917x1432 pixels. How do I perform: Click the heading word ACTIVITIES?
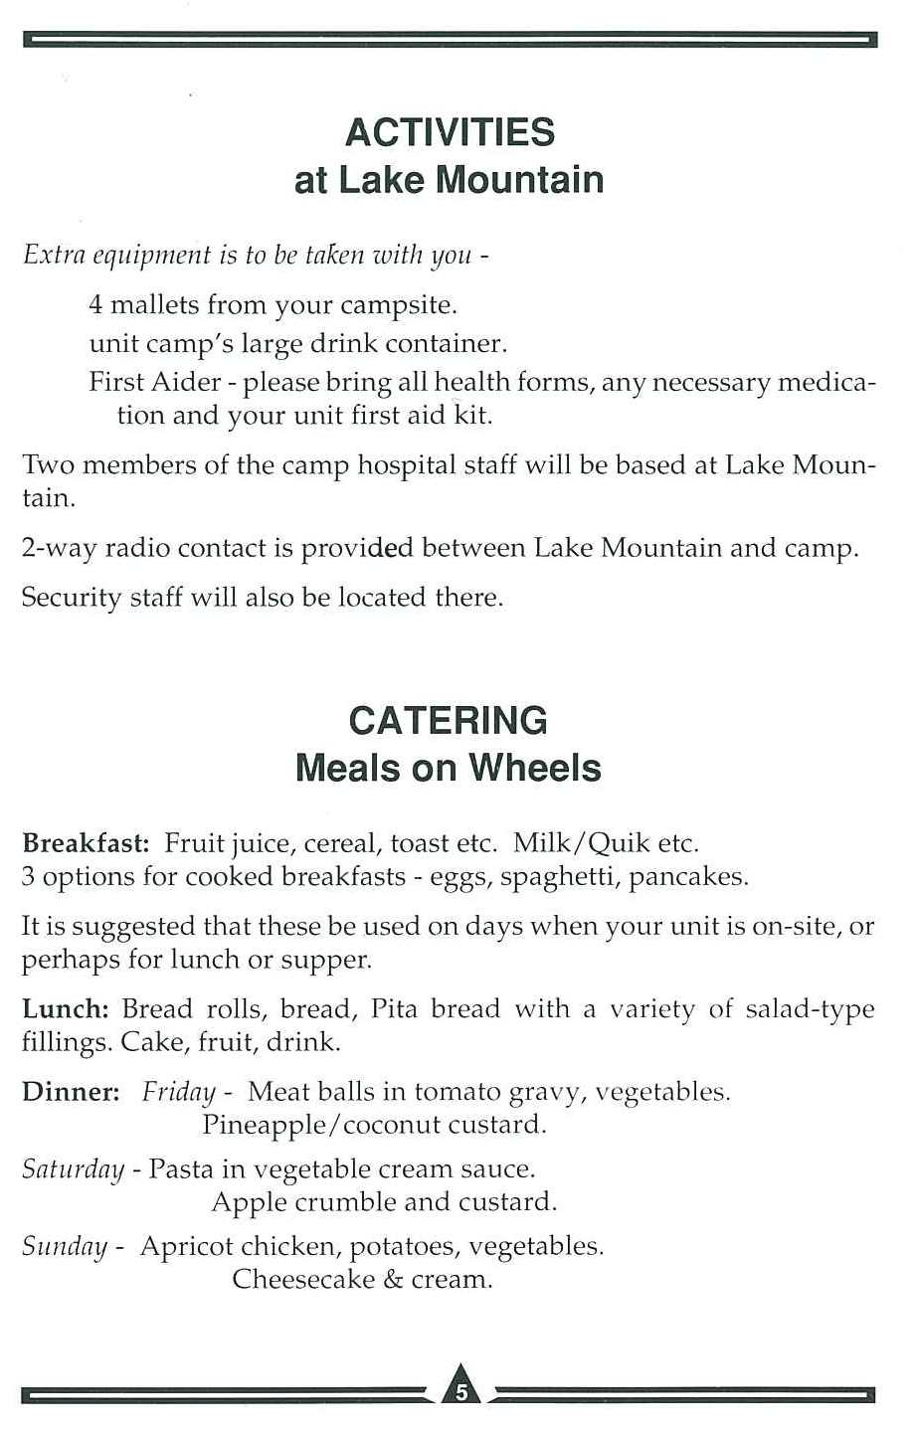click(x=449, y=132)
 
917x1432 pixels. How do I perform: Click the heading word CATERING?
click(x=449, y=720)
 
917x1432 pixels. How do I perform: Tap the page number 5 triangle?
click(x=459, y=1388)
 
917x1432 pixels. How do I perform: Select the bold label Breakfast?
click(x=86, y=844)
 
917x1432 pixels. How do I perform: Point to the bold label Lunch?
click(x=66, y=1009)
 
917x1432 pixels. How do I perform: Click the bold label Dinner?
click(x=71, y=1092)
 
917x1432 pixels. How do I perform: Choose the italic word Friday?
click(x=179, y=1093)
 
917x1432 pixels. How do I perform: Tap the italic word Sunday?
click(x=65, y=1247)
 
